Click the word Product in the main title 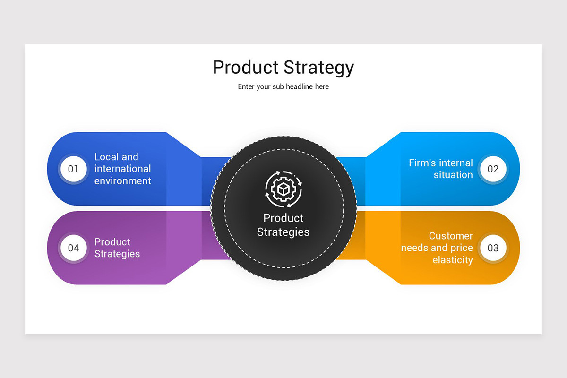coord(246,68)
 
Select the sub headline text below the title coord(283,86)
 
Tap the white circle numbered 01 coord(73,169)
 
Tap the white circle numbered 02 coord(493,169)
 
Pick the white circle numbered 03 coord(493,248)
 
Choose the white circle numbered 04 coord(73,248)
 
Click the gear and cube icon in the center coord(283,189)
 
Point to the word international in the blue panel coord(122,169)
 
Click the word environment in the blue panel coord(122,181)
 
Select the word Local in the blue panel coord(105,157)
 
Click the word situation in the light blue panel coord(453,175)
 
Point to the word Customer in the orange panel coord(451,236)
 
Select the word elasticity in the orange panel coord(453,260)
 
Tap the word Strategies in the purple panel coord(117,254)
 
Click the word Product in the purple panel coord(112,242)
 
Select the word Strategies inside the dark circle coord(283,232)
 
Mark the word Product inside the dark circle coord(283,218)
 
